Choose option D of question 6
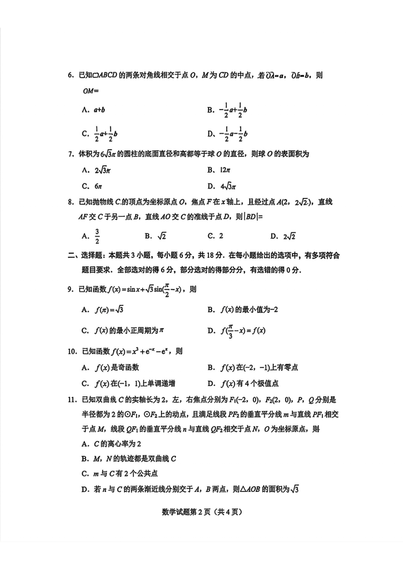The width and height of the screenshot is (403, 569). click(227, 134)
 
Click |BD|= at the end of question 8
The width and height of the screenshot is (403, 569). click(253, 217)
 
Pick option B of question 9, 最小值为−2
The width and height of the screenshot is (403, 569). click(243, 310)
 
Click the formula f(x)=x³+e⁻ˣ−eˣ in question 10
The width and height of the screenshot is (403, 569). click(141, 351)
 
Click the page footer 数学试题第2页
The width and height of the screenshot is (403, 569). click(201, 512)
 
